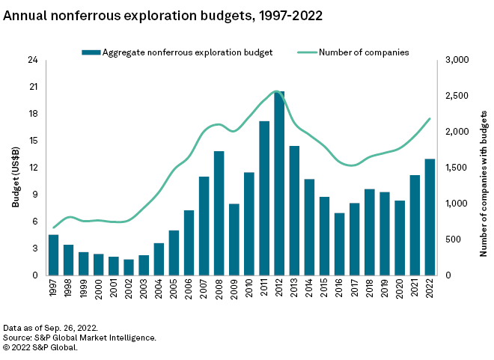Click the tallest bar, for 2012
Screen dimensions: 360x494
click(279, 183)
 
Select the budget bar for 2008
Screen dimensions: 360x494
click(219, 213)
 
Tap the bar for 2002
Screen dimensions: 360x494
click(129, 267)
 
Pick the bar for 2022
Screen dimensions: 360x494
click(430, 217)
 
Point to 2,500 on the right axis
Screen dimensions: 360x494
click(457, 96)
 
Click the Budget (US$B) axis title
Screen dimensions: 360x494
click(16, 168)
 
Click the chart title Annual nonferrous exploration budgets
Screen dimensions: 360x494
click(163, 15)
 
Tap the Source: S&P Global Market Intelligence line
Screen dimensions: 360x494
click(80, 338)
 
